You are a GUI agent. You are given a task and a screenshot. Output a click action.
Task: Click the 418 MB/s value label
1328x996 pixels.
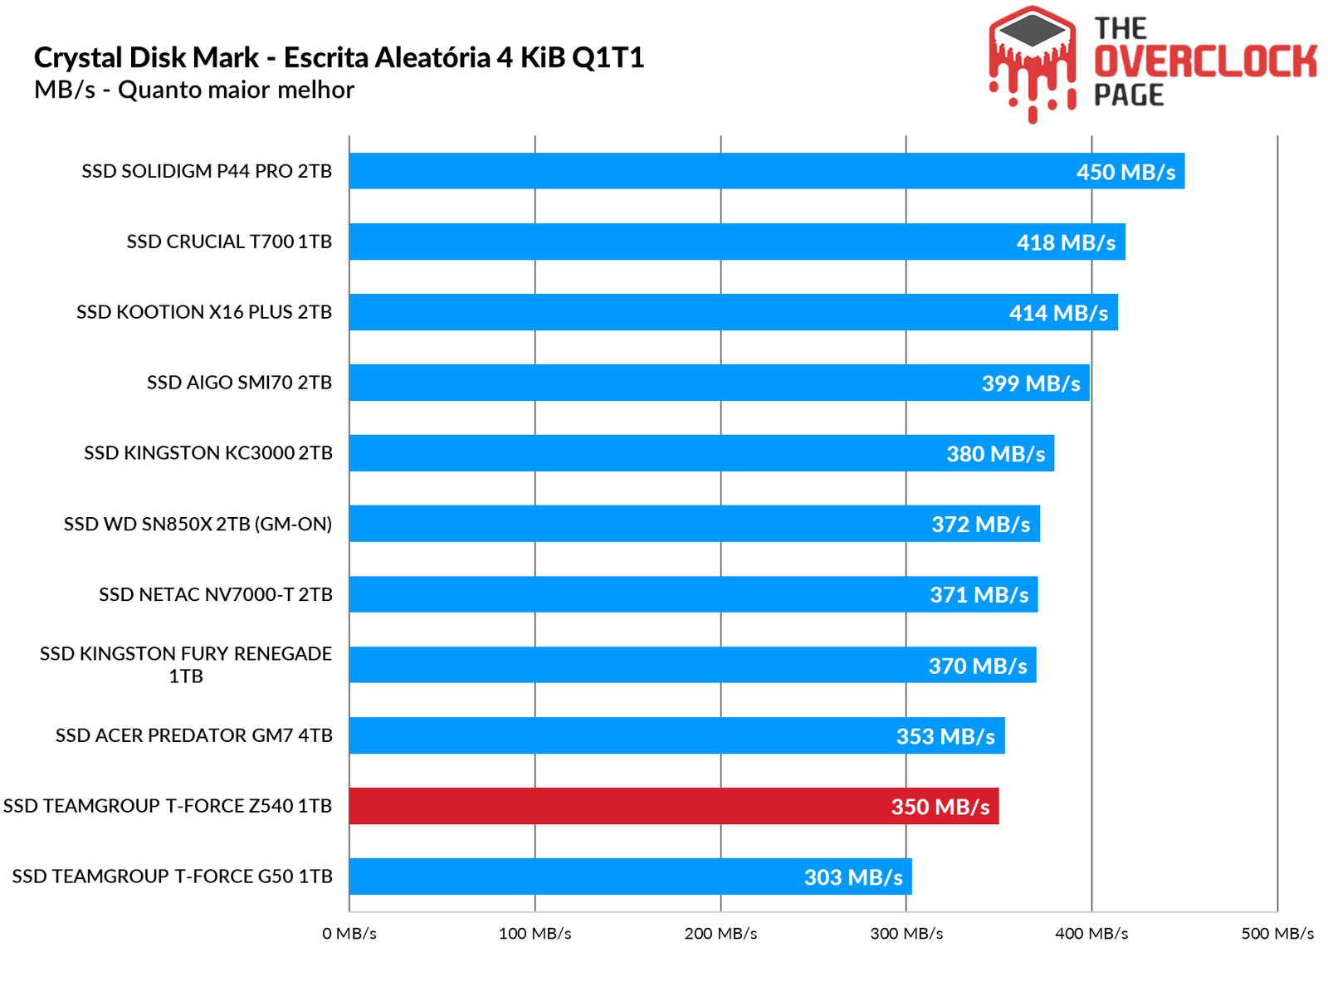[x=1066, y=242]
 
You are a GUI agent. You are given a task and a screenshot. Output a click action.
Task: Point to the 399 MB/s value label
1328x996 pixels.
[x=1031, y=383]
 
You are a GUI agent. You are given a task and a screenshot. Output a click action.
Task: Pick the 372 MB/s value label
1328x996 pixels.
[x=980, y=525]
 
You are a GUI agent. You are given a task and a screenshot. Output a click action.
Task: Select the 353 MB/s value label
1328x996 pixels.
[x=945, y=736]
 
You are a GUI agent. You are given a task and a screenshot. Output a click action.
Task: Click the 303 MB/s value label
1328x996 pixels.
[x=853, y=877]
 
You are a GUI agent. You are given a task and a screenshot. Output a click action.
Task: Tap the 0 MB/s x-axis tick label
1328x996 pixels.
[x=349, y=934]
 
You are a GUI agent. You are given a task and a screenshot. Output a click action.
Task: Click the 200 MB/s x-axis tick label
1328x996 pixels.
[x=720, y=934]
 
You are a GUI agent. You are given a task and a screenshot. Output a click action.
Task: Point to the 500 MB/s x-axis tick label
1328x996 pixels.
[x=1277, y=934]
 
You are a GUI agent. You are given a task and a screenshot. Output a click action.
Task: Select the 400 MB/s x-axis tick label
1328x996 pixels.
[x=1091, y=934]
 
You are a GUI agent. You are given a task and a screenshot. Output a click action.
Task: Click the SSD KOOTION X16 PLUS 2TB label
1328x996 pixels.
[x=204, y=312]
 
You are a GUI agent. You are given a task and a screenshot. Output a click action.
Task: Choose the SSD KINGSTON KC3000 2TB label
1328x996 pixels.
[x=207, y=453]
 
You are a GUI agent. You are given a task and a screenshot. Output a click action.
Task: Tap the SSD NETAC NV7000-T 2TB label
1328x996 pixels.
[x=216, y=594]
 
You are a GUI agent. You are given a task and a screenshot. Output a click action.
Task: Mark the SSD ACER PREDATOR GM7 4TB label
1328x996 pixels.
[x=193, y=735]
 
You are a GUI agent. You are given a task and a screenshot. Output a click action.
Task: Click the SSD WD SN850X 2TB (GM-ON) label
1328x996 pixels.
[x=198, y=524]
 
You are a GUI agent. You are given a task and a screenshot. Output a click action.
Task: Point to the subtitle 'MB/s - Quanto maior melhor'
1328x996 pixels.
[x=194, y=90]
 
